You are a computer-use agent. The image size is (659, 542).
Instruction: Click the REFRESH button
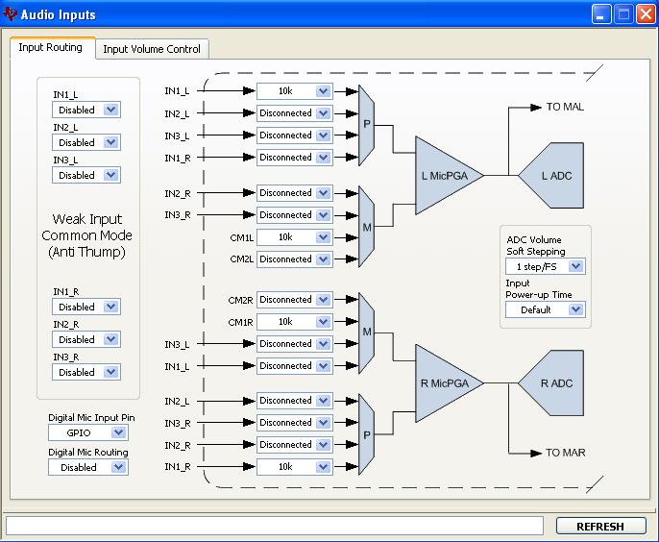(600, 526)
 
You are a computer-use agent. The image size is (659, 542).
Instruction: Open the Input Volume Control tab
(152, 49)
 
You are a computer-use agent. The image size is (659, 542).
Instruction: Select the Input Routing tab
(50, 48)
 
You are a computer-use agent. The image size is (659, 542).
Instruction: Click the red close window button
(645, 14)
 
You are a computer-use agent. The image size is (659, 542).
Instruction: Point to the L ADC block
(556, 176)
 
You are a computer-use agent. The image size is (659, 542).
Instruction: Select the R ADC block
(556, 383)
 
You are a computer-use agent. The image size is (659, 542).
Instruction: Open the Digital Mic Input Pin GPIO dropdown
(87, 433)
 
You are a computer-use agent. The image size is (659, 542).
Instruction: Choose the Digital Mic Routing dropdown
(87, 467)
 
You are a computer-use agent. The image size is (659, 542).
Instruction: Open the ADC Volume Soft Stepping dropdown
(545, 266)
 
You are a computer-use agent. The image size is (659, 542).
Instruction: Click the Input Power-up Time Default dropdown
(545, 309)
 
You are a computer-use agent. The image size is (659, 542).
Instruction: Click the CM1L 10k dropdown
(294, 237)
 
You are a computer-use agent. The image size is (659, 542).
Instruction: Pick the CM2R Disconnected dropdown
(294, 300)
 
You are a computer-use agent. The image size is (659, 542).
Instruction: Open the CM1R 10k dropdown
(294, 322)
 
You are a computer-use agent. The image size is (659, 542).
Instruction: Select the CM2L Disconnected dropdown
(294, 259)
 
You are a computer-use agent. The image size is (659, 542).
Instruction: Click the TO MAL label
(565, 107)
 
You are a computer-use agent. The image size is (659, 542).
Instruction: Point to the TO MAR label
(565, 453)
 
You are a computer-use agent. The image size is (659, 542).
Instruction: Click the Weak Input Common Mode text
(87, 235)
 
